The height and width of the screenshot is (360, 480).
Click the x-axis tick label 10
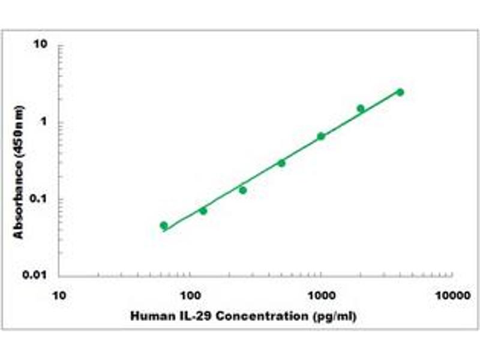(59, 296)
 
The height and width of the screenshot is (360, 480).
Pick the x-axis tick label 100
(190, 296)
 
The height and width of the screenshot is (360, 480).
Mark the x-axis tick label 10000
(452, 296)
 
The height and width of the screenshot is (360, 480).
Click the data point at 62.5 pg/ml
(164, 226)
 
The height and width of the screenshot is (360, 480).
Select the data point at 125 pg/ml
(203, 211)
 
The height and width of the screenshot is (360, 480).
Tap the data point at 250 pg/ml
(243, 190)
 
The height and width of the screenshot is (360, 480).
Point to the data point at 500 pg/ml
(281, 163)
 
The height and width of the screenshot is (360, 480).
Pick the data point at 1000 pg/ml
(321, 136)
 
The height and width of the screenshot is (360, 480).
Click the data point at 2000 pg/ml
(361, 109)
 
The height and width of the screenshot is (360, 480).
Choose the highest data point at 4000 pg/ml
(400, 92)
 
